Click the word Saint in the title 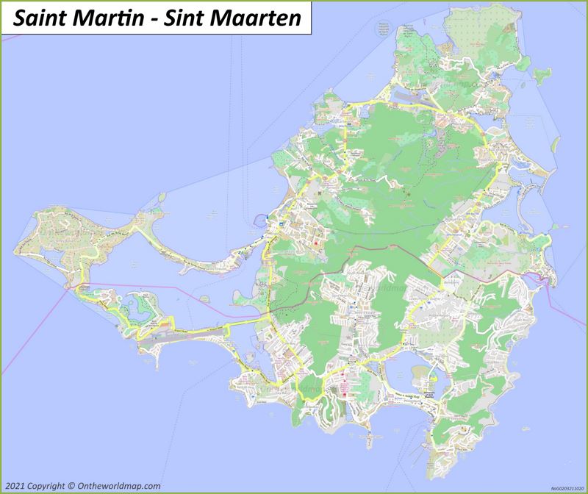pyautogui.click(x=43, y=18)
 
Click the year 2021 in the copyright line pyautogui.click(x=15, y=485)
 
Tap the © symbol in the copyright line pyautogui.click(x=70, y=485)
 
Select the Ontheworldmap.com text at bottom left pyautogui.click(x=118, y=485)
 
